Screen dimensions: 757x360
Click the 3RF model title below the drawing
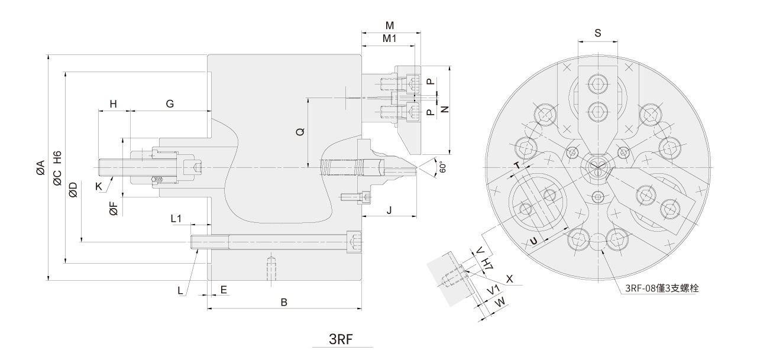click(x=341, y=339)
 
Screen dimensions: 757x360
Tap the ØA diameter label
click(x=41, y=168)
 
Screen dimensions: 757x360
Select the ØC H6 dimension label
click(x=57, y=168)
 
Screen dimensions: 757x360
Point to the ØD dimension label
click(x=73, y=189)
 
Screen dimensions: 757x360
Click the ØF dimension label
click(x=114, y=208)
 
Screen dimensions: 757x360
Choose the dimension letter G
click(x=170, y=103)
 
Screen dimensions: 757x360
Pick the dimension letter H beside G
click(x=113, y=103)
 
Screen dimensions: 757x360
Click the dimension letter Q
click(x=300, y=132)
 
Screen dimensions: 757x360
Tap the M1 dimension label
click(x=389, y=38)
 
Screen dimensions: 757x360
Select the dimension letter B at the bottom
click(x=284, y=302)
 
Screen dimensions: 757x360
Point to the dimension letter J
click(x=389, y=210)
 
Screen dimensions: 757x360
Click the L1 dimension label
click(x=176, y=219)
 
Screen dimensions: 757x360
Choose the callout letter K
click(x=99, y=186)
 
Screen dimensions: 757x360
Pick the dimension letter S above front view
click(x=598, y=33)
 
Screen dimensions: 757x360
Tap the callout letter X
click(x=510, y=278)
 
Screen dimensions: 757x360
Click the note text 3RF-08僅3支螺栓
click(x=662, y=288)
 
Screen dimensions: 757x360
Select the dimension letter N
click(x=445, y=109)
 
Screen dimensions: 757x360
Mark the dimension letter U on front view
click(x=533, y=241)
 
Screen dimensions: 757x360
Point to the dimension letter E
click(x=224, y=290)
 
